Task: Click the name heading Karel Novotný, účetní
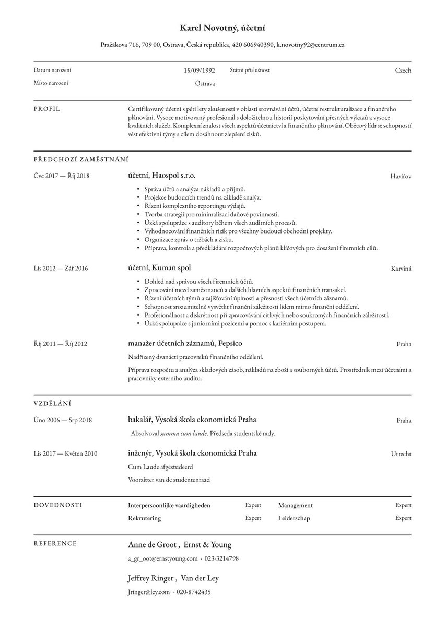[x=222, y=28]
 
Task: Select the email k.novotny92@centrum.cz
[x=310, y=45]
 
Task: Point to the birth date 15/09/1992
[x=199, y=70]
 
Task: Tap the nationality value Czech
[x=403, y=71]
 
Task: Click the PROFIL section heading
[x=47, y=109]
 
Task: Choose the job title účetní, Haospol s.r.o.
[x=161, y=176]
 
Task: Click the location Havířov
[x=400, y=177]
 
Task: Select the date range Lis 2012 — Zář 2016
[x=61, y=269]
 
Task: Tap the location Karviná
[x=401, y=269]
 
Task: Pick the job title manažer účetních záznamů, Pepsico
[x=185, y=343]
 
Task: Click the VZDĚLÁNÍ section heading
[x=52, y=403]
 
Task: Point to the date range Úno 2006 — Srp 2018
[x=63, y=420]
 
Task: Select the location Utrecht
[x=401, y=454]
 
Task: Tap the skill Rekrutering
[x=144, y=518]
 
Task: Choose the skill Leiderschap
[x=294, y=518]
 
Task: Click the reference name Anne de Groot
[x=153, y=545]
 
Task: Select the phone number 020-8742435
[x=194, y=592]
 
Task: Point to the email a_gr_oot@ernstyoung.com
[x=162, y=558]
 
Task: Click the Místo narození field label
[x=51, y=83]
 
